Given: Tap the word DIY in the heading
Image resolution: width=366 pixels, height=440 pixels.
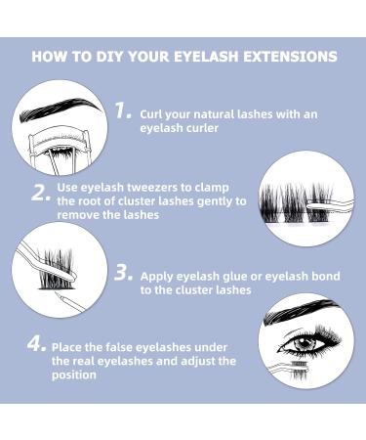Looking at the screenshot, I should [x=105, y=57].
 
